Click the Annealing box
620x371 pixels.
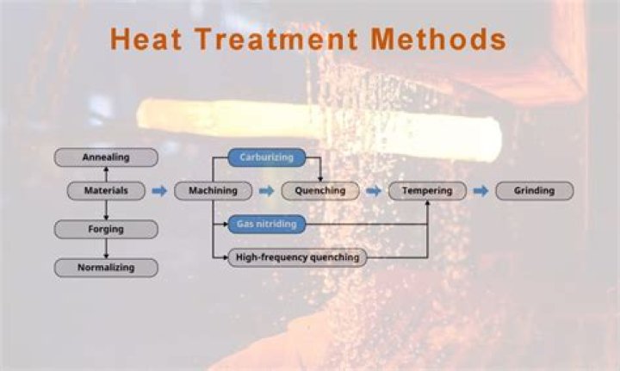click(106, 158)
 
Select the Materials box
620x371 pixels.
click(106, 191)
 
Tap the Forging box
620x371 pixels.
click(106, 230)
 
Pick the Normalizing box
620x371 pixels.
click(106, 268)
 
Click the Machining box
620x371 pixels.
click(213, 191)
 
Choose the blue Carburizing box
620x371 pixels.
click(266, 158)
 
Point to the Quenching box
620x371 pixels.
click(319, 191)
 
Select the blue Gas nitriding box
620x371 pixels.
click(266, 224)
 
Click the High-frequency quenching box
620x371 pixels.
click(297, 257)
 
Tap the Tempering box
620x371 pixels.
click(427, 191)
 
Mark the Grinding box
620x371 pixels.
click(534, 191)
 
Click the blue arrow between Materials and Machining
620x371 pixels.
click(159, 191)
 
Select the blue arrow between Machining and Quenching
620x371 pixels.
click(267, 191)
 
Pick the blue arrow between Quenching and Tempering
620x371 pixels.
click(373, 191)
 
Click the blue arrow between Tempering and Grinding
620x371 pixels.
click(480, 191)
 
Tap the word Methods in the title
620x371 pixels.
click(438, 39)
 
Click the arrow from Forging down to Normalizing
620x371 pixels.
click(106, 249)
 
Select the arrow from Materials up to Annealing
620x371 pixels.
click(106, 174)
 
